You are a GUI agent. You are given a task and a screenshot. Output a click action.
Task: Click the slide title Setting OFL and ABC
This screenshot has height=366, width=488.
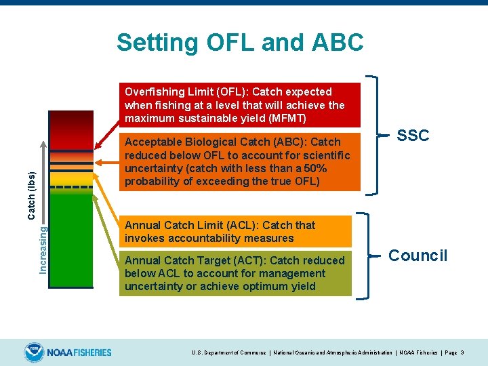(x=240, y=42)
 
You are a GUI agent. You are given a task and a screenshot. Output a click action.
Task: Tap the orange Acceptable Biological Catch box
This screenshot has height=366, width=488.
(x=237, y=161)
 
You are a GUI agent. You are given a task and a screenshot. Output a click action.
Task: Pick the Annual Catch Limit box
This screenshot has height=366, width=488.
(x=237, y=231)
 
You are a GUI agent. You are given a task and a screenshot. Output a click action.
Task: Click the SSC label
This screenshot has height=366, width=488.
(x=413, y=136)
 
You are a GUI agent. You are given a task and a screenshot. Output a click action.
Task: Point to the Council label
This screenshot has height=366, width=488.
(x=418, y=256)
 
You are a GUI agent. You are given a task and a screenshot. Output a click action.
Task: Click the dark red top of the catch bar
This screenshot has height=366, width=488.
(x=71, y=119)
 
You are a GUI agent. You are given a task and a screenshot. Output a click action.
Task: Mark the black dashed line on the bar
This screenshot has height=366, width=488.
(x=71, y=186)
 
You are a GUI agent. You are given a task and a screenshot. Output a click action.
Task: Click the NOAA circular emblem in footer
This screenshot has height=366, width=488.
(x=33, y=352)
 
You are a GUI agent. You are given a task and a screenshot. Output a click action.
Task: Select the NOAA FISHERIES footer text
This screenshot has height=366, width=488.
(x=79, y=352)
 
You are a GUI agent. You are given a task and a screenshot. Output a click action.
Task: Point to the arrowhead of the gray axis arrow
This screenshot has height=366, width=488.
(x=43, y=144)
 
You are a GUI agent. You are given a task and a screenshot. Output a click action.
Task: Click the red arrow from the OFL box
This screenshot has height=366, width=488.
(x=107, y=136)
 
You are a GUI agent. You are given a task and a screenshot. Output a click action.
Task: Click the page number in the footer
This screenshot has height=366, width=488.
(x=462, y=353)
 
